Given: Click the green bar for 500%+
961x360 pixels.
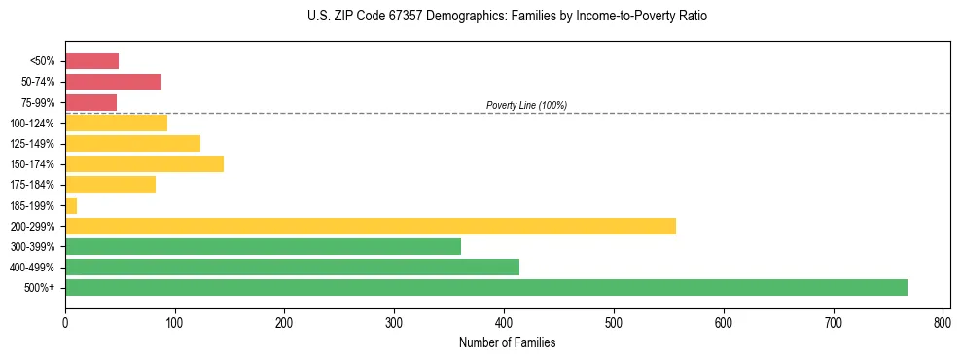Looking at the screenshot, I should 486,287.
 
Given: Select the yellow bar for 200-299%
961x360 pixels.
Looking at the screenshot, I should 371,226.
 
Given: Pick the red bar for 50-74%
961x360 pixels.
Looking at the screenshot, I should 113,82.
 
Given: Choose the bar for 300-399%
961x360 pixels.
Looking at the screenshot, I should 263,246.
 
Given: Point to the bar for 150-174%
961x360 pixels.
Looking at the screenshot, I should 144,163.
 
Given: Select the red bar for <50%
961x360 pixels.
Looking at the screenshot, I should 91,61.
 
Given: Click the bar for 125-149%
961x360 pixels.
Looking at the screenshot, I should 132,143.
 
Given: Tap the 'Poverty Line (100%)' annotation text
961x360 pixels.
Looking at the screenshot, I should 526,105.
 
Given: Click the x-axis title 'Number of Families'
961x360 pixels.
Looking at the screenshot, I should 508,342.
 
